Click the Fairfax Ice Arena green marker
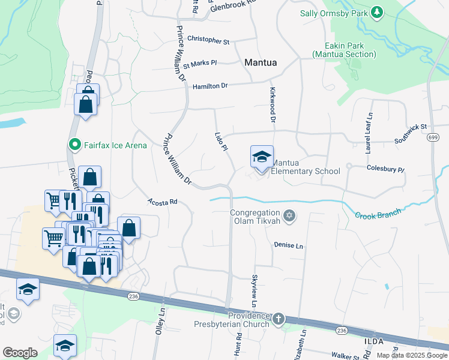click(x=74, y=145)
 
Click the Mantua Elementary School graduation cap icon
click(x=262, y=157)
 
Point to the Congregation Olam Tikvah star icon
click(x=289, y=215)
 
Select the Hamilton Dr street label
click(x=210, y=86)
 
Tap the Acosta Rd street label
click(x=162, y=202)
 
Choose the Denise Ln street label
click(x=289, y=245)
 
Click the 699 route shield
click(x=432, y=138)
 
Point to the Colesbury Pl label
click(x=385, y=169)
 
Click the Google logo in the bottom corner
click(x=20, y=353)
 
